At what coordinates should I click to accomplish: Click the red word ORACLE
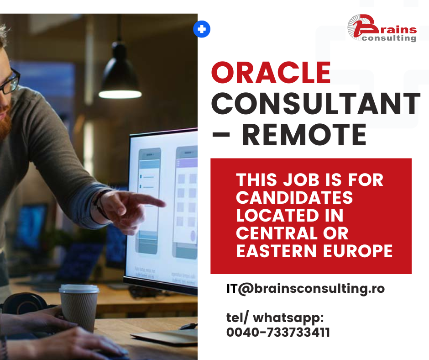(x=271, y=73)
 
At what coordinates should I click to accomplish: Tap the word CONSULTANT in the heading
(x=316, y=104)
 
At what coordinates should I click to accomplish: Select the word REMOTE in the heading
(x=304, y=135)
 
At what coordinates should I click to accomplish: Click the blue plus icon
(x=202, y=29)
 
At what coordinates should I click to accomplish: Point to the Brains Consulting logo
(x=382, y=28)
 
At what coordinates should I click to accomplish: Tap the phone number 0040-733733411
(x=278, y=332)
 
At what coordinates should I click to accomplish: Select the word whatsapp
(x=288, y=318)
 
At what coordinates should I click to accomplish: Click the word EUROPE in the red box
(x=358, y=251)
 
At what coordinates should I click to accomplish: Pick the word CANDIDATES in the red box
(x=294, y=197)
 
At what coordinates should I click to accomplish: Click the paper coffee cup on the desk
(x=79, y=307)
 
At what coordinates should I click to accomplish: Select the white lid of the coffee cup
(x=79, y=289)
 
